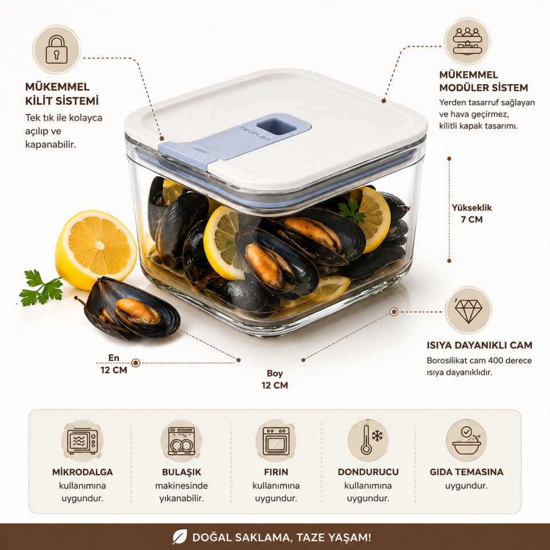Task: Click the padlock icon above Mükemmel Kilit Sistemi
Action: [57, 49]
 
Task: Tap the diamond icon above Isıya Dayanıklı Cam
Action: [468, 311]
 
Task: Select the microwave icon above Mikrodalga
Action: [82, 441]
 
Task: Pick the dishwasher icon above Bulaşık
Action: [182, 441]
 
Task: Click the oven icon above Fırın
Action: [276, 441]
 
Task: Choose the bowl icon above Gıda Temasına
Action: [466, 441]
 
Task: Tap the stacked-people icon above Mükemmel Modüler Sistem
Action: [467, 41]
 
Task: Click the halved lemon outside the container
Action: [96, 249]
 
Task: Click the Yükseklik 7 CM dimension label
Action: [472, 213]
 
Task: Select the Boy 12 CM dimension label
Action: [274, 379]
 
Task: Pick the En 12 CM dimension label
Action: [114, 364]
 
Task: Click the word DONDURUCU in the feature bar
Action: [368, 472]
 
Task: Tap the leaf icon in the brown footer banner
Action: [179, 537]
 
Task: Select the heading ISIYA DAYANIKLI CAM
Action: [479, 345]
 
